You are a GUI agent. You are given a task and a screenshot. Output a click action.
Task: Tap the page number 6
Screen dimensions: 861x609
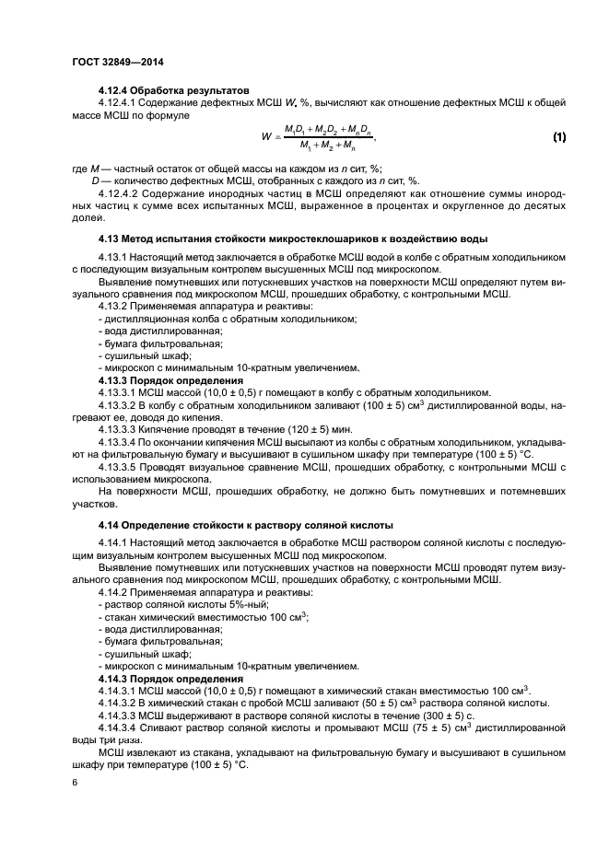(x=75, y=782)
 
